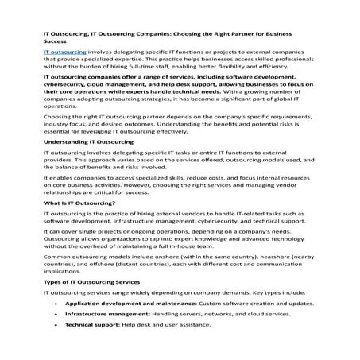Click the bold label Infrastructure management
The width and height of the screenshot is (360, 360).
click(x=106, y=313)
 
